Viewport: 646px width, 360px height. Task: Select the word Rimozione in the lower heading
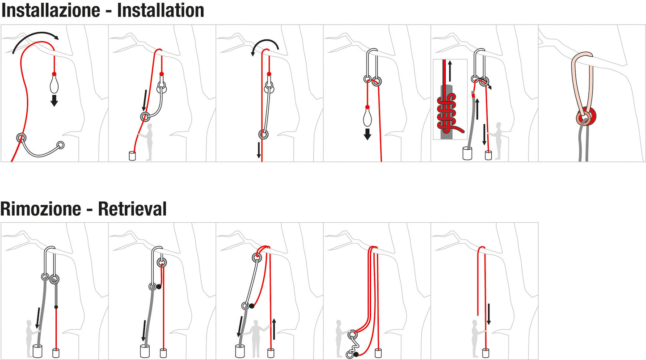[41, 209]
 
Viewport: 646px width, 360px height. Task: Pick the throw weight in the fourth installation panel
[367, 117]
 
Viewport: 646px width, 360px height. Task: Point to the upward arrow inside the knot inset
[450, 69]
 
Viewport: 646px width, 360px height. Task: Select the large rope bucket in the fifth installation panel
[468, 153]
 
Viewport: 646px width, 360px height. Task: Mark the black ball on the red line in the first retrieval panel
[56, 307]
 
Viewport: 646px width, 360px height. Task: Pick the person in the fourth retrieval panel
[341, 333]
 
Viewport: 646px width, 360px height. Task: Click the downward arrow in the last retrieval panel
[489, 314]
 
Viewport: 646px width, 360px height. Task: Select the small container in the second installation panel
[132, 156]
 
